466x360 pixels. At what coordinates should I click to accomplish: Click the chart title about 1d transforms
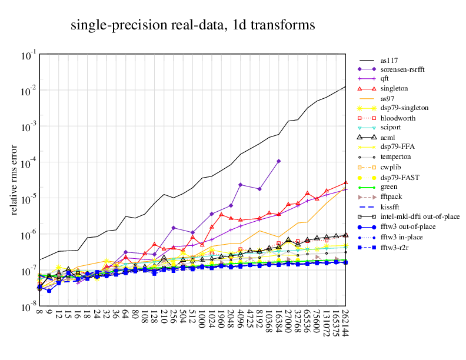192,25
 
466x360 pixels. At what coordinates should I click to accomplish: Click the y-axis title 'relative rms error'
14,181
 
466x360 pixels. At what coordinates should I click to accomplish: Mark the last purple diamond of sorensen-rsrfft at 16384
279,161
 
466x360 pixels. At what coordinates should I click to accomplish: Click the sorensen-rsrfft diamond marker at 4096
240,185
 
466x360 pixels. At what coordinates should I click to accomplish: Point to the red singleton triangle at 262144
346,183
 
